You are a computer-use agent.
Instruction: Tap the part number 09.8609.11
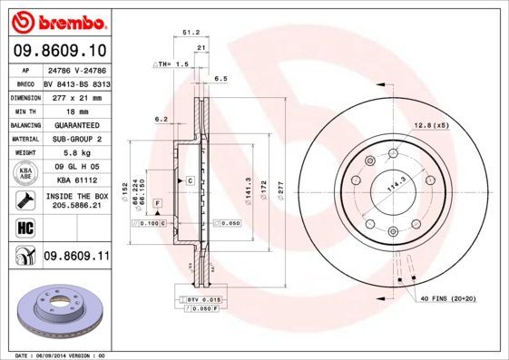click(x=77, y=258)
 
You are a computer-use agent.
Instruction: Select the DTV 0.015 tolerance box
click(x=204, y=298)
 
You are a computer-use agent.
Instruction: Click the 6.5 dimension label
click(x=220, y=79)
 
